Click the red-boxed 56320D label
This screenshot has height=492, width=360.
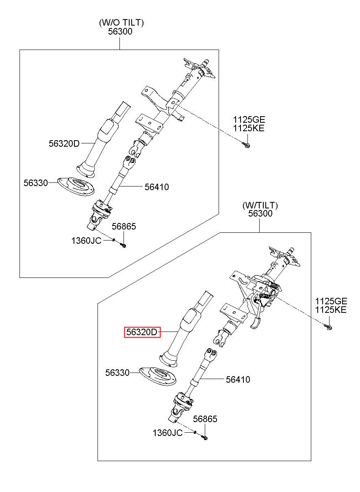pyautogui.click(x=142, y=332)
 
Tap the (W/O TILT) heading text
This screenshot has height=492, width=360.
pyautogui.click(x=121, y=23)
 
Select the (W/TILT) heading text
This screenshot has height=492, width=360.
pyautogui.click(x=260, y=205)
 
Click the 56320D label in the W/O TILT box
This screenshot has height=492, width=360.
pyautogui.click(x=64, y=143)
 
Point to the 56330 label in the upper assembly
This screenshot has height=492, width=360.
pyautogui.click(x=36, y=183)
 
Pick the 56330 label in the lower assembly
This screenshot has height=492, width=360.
pyautogui.click(x=117, y=373)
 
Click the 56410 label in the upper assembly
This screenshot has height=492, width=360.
pyautogui.click(x=156, y=187)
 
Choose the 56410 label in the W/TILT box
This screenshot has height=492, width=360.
pyautogui.click(x=238, y=379)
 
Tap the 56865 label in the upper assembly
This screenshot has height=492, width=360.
pyautogui.click(x=124, y=226)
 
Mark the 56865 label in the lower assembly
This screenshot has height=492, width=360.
pyautogui.click(x=205, y=419)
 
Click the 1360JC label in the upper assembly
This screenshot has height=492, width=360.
pyautogui.click(x=86, y=241)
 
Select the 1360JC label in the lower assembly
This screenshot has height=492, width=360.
pyautogui.click(x=167, y=433)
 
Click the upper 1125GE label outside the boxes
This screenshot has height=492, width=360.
pyautogui.click(x=249, y=120)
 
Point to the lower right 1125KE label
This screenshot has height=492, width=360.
pyautogui.click(x=331, y=310)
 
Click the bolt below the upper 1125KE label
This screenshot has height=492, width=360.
pyautogui.click(x=246, y=145)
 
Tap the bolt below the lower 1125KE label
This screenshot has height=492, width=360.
pyautogui.click(x=328, y=327)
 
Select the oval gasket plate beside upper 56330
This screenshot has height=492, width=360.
pyautogui.click(x=76, y=186)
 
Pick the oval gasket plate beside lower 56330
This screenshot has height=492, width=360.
pyautogui.click(x=158, y=376)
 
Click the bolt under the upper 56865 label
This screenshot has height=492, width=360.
pyautogui.click(x=123, y=245)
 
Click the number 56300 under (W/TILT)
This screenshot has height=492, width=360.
pyautogui.click(x=260, y=213)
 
